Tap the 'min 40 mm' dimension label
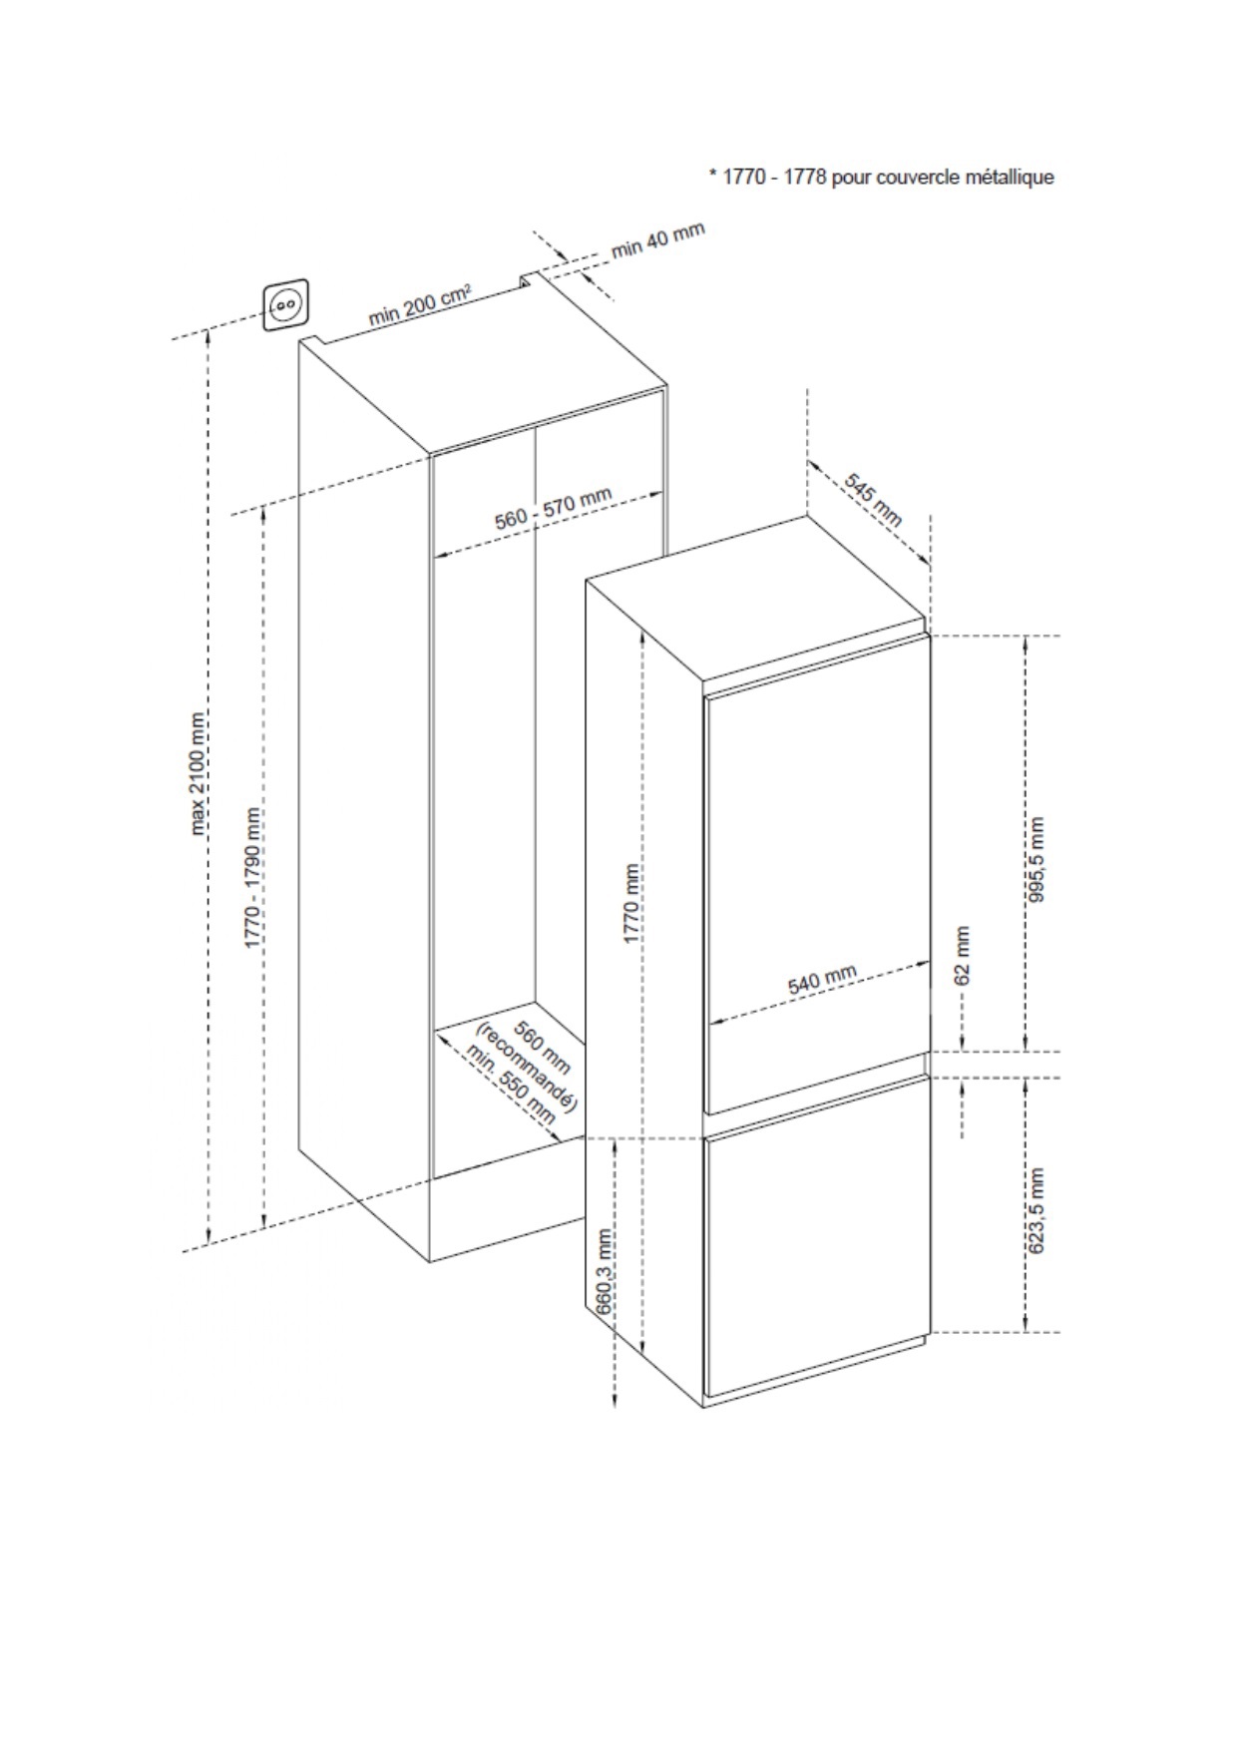pos(657,238)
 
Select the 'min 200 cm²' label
pos(420,304)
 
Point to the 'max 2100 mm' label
pos(200,773)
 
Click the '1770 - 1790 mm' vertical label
pos(254,876)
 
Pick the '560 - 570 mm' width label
pos(554,508)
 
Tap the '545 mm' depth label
pos(874,499)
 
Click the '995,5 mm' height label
pos(1037,860)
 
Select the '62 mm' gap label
pos(962,956)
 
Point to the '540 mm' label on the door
pos(822,980)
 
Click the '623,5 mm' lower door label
pos(1037,1210)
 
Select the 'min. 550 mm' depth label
pos(510,1083)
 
